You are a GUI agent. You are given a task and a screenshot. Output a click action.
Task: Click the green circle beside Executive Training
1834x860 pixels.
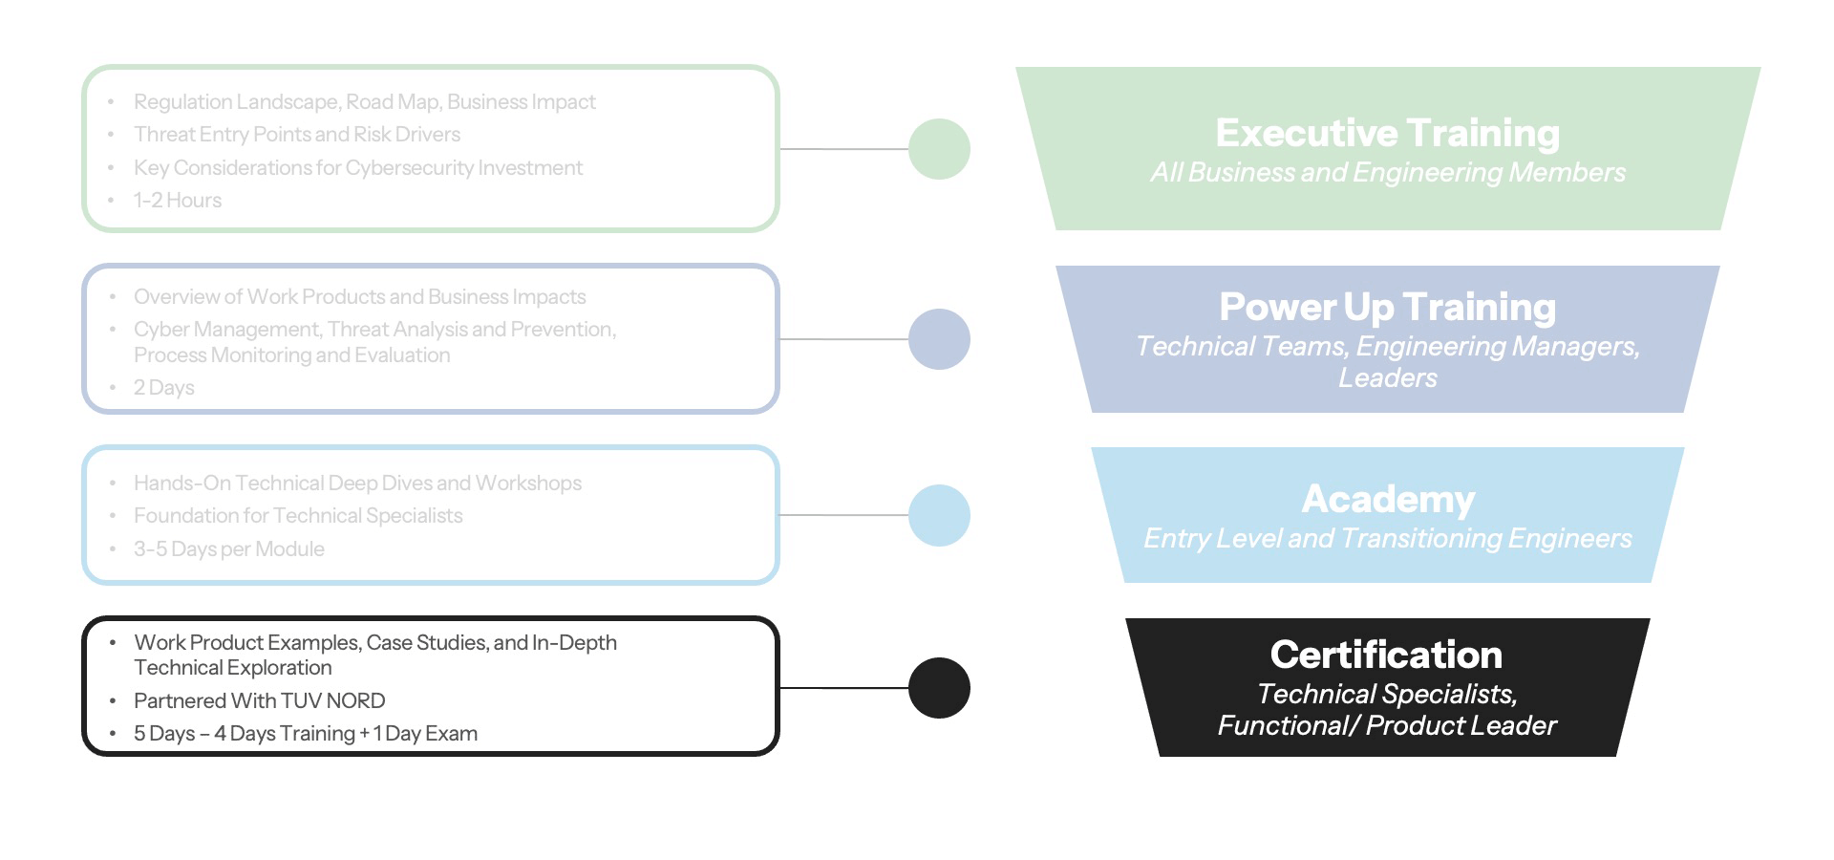939,149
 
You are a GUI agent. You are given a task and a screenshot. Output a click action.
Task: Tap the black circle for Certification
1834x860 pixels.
939,688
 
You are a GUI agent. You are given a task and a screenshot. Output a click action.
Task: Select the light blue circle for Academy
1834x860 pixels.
939,515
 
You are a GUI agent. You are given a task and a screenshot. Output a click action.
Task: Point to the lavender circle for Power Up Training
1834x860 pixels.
939,339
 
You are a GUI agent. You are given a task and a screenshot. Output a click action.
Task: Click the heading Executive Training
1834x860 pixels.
1387,133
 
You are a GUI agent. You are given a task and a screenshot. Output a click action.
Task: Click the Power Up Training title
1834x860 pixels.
1387,307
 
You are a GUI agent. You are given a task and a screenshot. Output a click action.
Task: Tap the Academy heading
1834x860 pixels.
1388,499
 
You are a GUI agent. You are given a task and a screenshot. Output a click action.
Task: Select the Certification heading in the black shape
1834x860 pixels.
1386,655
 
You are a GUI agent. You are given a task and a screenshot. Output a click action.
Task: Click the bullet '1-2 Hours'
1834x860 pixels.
178,201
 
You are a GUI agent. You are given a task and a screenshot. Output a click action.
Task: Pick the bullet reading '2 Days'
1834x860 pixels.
164,388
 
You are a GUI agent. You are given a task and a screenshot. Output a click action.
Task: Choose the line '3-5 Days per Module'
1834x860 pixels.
229,549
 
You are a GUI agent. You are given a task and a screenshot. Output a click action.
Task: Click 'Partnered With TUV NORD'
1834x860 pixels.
260,701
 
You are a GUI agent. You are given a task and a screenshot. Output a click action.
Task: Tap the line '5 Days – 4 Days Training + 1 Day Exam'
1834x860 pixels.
306,734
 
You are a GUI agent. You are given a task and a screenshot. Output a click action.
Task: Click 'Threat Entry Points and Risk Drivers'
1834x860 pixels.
297,135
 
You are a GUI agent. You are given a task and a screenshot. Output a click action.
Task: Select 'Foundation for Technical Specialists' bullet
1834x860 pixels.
298,516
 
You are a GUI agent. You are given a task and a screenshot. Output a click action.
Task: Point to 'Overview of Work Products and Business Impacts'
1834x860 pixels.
360,297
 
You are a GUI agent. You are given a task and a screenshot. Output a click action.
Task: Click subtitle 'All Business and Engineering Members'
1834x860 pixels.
1387,173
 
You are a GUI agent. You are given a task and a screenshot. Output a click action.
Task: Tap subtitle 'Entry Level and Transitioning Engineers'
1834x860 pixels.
1387,539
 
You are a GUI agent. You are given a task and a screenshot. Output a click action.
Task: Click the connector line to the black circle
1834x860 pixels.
842,688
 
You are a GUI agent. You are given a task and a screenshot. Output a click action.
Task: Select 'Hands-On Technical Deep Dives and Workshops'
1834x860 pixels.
357,484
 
